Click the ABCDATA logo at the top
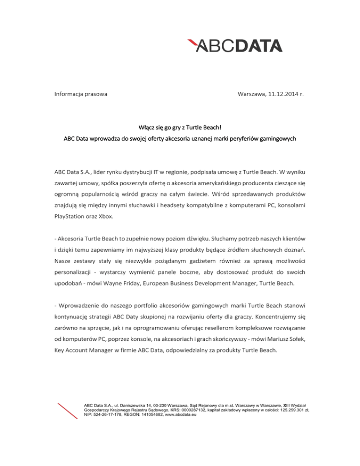tap(234, 45)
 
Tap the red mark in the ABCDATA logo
tap(192, 43)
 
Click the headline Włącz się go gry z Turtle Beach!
tap(180, 127)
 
